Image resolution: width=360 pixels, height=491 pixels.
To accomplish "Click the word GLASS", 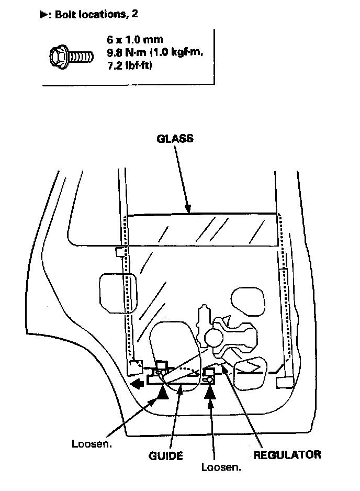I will tap(175, 139).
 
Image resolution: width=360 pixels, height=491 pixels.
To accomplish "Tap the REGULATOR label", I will tap(287, 454).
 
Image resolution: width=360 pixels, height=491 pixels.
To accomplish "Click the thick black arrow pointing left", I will tap(138, 385).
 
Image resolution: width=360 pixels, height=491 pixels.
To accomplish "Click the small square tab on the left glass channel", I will tap(119, 252).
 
